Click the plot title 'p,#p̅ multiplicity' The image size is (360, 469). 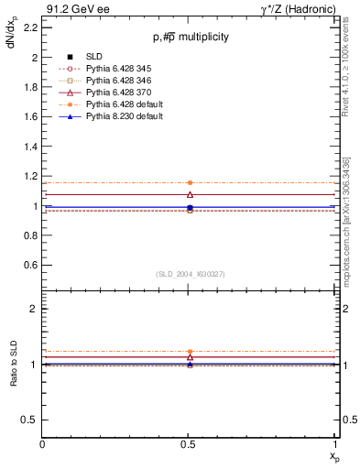[190, 37]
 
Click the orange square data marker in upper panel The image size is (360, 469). [190, 183]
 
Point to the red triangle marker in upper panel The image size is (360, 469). [190, 194]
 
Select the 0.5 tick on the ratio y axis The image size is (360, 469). [33, 420]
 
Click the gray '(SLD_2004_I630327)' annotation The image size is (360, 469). [190, 274]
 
